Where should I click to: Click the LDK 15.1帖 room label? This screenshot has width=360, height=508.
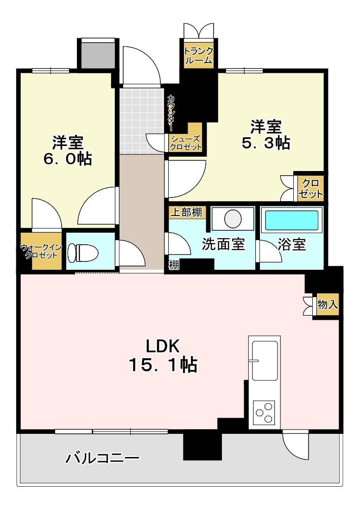coord(163,356)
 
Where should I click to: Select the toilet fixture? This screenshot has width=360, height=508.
coord(82,253)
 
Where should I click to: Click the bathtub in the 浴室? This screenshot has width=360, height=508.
coord(291,220)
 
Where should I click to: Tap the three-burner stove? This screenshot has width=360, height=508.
coord(264,412)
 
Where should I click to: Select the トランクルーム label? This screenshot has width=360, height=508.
coord(198,56)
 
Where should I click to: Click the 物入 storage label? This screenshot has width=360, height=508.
coord(328,305)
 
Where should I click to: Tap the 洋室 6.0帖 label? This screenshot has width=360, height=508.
coord(67,150)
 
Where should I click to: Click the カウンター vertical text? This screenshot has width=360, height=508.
coord(171,112)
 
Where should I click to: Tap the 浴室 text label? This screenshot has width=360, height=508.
coord(291,244)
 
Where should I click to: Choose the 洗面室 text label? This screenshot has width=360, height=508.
coord(223,244)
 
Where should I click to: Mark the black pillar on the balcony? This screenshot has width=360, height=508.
coord(202,445)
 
